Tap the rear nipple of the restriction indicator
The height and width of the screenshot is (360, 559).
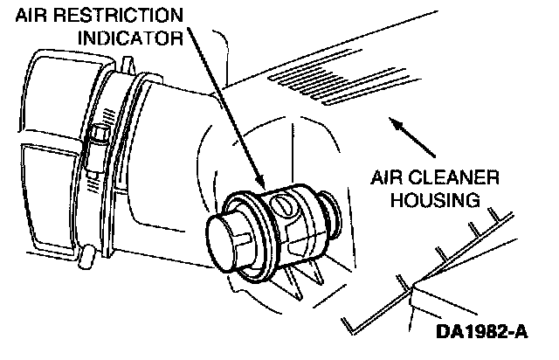[330, 211]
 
